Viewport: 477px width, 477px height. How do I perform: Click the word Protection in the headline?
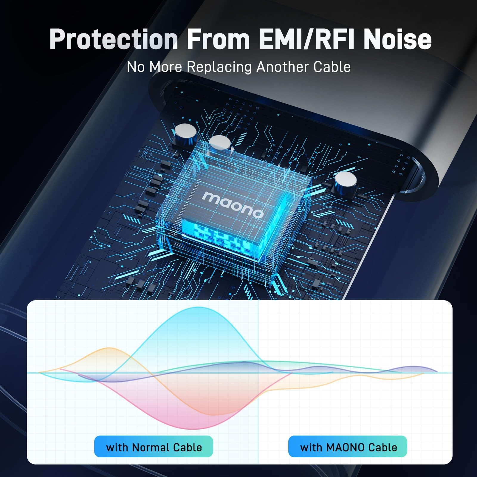click(x=113, y=39)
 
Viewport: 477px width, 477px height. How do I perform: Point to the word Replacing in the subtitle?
click(x=219, y=67)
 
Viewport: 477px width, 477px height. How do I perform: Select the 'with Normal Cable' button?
click(x=154, y=446)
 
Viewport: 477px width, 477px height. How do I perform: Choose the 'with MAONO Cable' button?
click(x=348, y=446)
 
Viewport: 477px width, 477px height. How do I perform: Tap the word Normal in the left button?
click(x=151, y=447)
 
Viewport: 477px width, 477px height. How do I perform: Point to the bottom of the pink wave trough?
click(x=191, y=429)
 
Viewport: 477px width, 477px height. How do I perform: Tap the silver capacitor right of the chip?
click(x=346, y=182)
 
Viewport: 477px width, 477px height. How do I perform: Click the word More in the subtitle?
click(x=165, y=67)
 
